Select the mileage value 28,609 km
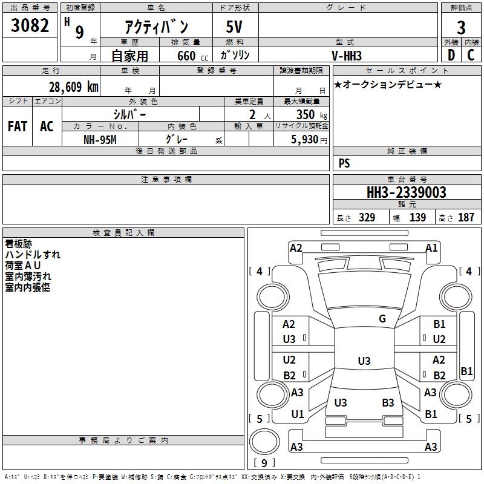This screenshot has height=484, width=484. [73, 87]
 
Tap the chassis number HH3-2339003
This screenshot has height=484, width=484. [407, 192]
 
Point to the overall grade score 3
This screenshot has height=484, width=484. [461, 27]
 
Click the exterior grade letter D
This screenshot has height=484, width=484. [451, 55]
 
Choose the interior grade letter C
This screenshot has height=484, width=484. [471, 55]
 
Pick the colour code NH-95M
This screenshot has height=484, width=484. [100, 139]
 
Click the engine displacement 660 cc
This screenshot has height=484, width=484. [187, 56]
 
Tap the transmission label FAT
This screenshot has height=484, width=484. [17, 126]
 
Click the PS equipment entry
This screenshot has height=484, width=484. [344, 163]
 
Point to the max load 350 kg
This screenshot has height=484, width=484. [309, 114]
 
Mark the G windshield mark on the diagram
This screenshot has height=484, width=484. [382, 319]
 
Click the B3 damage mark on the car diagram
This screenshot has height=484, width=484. [388, 403]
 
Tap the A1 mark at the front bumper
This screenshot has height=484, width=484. [431, 248]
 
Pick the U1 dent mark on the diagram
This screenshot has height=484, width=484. [297, 415]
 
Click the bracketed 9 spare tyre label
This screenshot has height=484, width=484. [264, 463]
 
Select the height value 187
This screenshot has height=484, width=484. [466, 218]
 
